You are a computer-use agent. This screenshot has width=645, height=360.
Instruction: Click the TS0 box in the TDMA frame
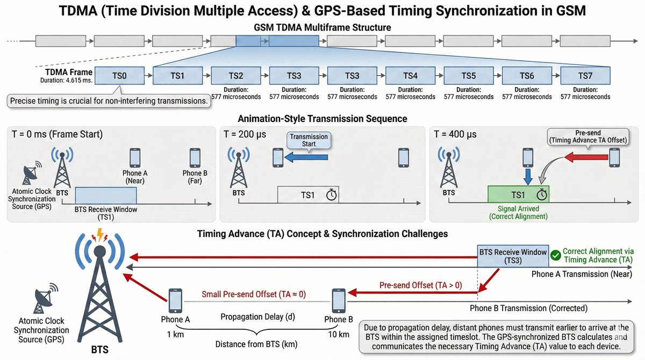point(119,76)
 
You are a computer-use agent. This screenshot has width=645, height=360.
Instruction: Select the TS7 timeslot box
point(585,76)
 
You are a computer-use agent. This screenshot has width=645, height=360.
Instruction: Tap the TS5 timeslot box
point(469,76)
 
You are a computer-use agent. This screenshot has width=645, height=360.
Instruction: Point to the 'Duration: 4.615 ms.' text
point(66,80)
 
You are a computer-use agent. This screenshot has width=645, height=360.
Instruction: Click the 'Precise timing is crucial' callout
point(109,101)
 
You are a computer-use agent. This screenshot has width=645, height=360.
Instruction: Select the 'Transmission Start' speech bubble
point(309,140)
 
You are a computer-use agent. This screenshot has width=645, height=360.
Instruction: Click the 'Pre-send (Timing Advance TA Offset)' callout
point(588,136)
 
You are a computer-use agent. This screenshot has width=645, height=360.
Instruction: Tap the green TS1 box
point(518,195)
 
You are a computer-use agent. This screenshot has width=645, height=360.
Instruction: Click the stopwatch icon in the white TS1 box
point(332,195)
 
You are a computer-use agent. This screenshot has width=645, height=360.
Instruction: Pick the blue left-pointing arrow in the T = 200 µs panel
point(306,157)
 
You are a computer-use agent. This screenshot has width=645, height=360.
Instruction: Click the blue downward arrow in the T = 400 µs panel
point(527,177)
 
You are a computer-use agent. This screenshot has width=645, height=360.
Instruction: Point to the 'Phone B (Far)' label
point(195,177)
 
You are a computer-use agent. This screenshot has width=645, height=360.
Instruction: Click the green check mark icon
point(555,255)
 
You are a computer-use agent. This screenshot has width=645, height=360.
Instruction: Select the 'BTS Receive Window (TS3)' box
point(513,256)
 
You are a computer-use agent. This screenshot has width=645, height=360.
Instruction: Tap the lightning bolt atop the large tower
point(99,234)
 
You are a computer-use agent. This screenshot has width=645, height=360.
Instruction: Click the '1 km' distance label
point(175,334)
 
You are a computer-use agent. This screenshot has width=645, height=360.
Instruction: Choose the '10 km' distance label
point(339,334)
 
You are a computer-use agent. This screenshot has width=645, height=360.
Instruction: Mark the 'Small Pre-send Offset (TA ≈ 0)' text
point(254,294)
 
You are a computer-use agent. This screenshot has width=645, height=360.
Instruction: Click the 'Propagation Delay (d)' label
point(257,317)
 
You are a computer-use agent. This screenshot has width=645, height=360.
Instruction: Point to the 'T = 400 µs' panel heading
point(455,134)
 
